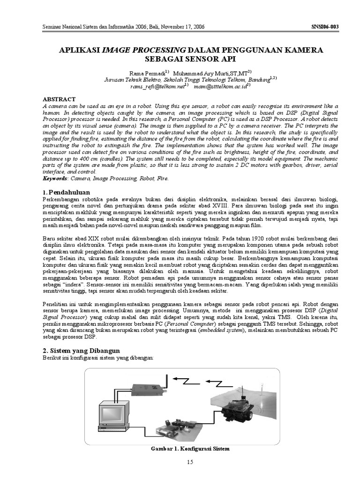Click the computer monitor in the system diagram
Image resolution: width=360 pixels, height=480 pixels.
(x=113, y=412)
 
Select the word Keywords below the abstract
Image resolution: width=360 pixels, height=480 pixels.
(x=55, y=179)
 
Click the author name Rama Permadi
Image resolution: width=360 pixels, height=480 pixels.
(x=145, y=74)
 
